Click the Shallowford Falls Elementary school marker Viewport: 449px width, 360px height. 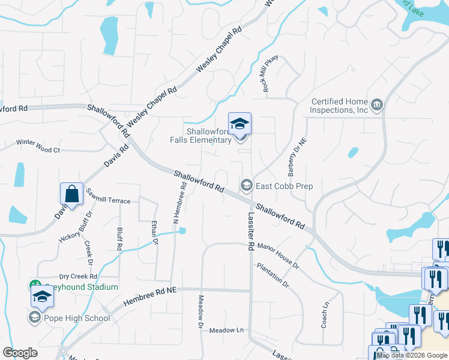(x=240, y=124)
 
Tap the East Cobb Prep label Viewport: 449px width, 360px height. (x=284, y=186)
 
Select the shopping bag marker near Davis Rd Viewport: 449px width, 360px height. (x=71, y=194)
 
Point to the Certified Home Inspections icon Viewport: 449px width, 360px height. (x=377, y=106)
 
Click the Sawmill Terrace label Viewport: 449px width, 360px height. (x=108, y=196)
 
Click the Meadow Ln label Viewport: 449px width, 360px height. (x=227, y=330)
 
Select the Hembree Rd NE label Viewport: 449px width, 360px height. (x=150, y=297)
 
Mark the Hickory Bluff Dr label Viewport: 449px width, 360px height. (x=76, y=227)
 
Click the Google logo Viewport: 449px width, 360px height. (x=20, y=353)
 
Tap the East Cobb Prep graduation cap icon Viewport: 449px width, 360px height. (x=246, y=185)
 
